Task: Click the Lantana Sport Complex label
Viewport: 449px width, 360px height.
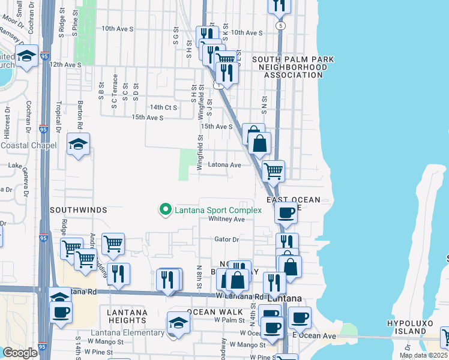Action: click(218, 210)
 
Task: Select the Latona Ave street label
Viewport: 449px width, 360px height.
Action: click(224, 165)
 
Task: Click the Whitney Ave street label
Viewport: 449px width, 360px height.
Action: click(226, 220)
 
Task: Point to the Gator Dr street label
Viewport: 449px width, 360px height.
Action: click(227, 239)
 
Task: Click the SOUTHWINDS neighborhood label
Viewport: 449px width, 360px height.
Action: click(78, 210)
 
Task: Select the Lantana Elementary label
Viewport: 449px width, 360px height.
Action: click(127, 333)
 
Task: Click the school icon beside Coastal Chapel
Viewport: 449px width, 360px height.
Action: click(78, 145)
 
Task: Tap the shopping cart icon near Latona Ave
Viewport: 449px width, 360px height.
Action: click(273, 170)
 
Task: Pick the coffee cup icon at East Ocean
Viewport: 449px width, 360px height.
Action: click(286, 212)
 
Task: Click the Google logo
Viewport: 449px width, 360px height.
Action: click(20, 353)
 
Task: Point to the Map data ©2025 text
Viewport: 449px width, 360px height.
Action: click(423, 355)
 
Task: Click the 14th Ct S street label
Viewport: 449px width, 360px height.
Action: click(163, 107)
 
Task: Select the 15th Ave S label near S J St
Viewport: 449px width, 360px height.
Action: click(216, 127)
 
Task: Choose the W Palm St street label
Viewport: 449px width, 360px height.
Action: click(231, 320)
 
